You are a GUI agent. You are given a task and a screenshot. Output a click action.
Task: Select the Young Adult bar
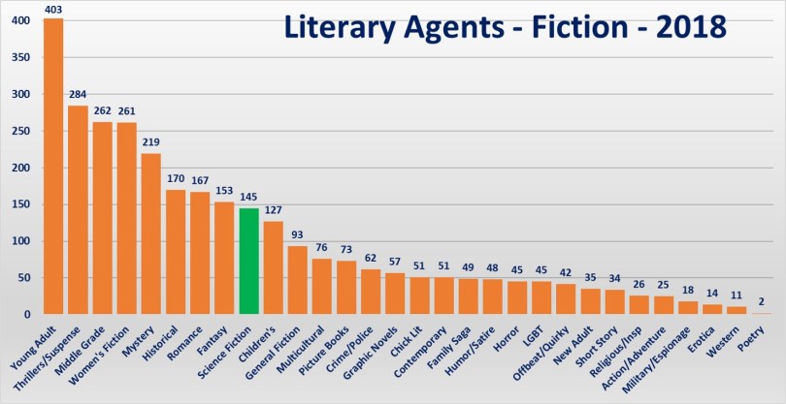(53, 166)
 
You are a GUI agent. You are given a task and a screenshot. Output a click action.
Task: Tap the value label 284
(78, 95)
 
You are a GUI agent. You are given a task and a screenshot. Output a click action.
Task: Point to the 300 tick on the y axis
(21, 94)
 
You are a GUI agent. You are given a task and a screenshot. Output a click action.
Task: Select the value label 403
(53, 9)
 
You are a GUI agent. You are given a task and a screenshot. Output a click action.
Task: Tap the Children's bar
(274, 267)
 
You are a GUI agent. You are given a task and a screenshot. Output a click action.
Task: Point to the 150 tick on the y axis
(21, 204)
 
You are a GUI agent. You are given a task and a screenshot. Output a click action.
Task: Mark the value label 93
(298, 235)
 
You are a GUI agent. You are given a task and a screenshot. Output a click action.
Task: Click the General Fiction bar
(298, 280)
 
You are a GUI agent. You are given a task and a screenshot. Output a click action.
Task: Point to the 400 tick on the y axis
(21, 20)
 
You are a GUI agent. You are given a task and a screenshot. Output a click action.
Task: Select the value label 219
(151, 142)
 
